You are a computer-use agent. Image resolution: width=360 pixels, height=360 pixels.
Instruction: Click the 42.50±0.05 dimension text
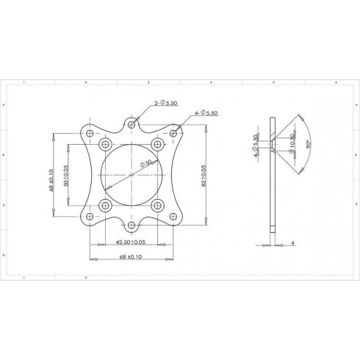132,241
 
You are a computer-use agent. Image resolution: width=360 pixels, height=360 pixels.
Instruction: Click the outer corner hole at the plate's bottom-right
175,217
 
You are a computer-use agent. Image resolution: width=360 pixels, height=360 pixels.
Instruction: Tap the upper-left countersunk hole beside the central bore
107,144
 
